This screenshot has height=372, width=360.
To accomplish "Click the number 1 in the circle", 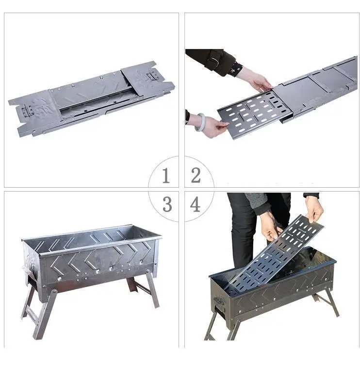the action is [166, 175].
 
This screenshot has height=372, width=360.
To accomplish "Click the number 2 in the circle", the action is [196, 175].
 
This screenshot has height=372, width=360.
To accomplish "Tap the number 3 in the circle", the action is [167, 204].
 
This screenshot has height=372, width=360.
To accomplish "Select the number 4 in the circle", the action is [196, 204].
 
